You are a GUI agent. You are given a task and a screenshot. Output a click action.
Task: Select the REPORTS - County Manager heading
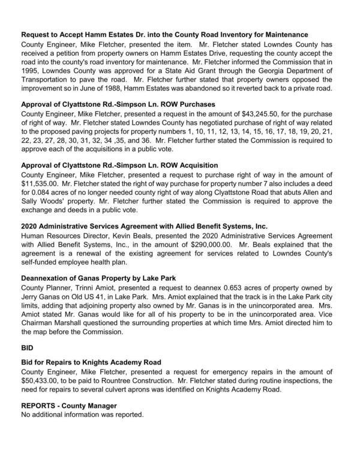tap(68, 405)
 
